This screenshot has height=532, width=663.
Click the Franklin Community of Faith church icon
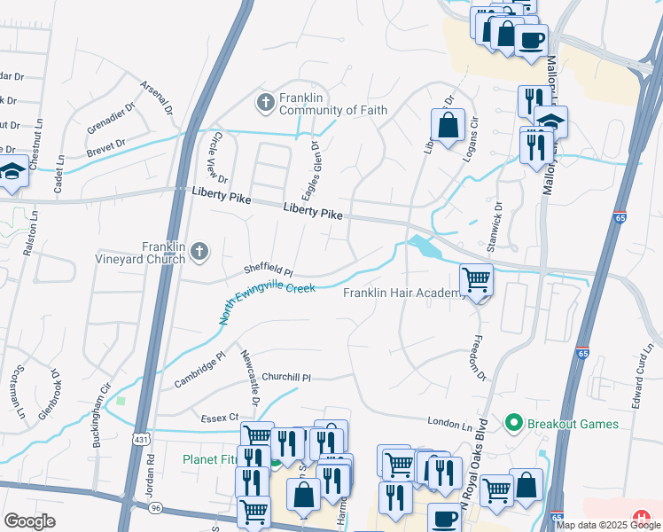[265, 103]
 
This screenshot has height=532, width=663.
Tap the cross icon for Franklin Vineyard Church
[199, 253]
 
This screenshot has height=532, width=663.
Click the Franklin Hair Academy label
[403, 293]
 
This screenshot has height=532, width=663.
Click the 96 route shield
[156, 507]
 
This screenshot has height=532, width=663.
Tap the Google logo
[30, 521]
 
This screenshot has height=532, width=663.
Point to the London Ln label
[449, 425]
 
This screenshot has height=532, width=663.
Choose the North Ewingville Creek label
[267, 301]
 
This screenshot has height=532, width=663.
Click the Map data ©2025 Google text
[608, 525]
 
